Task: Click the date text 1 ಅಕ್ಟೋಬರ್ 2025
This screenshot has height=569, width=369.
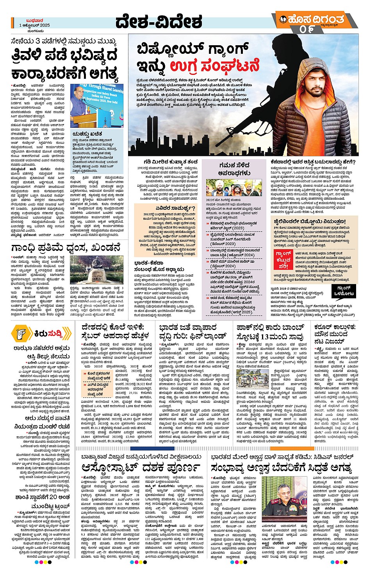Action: pos(35,25)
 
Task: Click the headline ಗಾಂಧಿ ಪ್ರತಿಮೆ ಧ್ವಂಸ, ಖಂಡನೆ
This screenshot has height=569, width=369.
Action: pos(65,248)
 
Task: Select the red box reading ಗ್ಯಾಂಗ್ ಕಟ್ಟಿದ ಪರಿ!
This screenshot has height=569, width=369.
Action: pos(284,260)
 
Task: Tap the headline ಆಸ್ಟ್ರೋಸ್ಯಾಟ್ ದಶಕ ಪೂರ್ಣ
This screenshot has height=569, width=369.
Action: pos(141,467)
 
